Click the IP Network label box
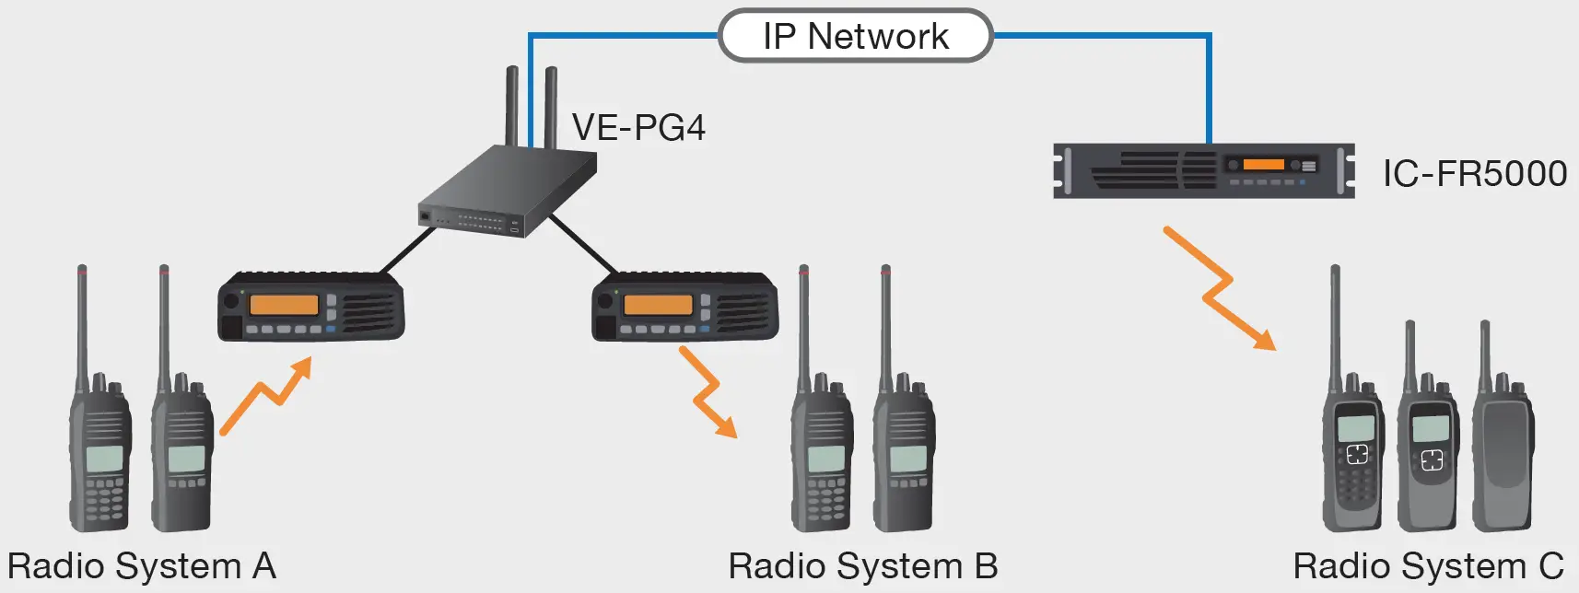click(855, 36)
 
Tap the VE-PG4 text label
click(638, 127)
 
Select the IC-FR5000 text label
click(1474, 173)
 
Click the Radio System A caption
click(142, 565)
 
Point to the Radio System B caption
click(862, 565)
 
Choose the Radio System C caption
click(1428, 565)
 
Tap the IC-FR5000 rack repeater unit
click(1203, 170)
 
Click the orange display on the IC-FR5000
click(1263, 164)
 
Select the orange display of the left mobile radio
click(284, 305)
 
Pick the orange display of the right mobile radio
click(657, 305)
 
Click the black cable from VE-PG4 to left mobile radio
click(407, 250)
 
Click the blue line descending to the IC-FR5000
click(1209, 92)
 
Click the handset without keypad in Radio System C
click(1503, 451)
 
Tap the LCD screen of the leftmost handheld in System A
click(103, 458)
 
